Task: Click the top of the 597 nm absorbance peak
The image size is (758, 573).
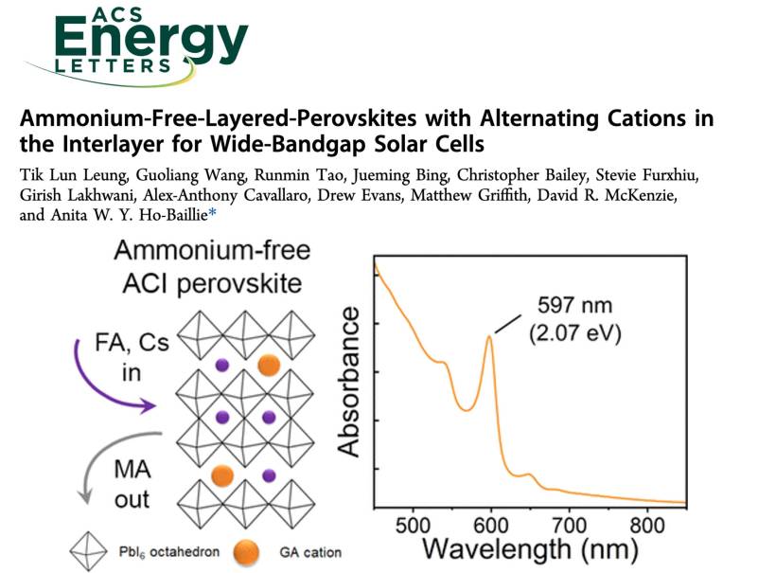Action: (489, 336)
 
